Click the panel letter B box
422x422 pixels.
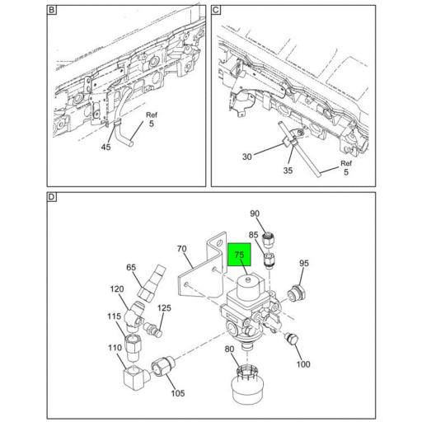(x=52, y=10)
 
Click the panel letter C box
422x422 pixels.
(x=216, y=10)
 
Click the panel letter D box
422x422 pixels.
(x=52, y=197)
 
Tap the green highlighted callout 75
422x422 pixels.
(x=239, y=255)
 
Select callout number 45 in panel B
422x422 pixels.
(x=105, y=147)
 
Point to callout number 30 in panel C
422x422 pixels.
(x=246, y=157)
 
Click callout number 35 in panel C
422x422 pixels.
(x=288, y=171)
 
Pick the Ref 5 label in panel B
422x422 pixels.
(x=152, y=119)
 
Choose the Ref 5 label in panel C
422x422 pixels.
(x=346, y=167)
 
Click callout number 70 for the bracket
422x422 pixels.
(x=181, y=249)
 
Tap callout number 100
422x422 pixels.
(x=303, y=364)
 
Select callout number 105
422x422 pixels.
(x=178, y=393)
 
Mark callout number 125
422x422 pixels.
(x=164, y=308)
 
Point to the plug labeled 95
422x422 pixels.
(x=296, y=293)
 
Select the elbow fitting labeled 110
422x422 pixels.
(x=136, y=378)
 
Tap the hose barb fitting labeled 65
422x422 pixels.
(x=152, y=284)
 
